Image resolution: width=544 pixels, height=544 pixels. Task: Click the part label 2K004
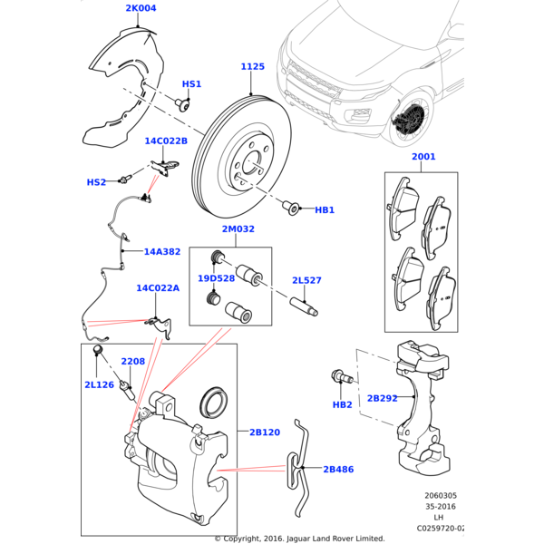pyautogui.click(x=141, y=9)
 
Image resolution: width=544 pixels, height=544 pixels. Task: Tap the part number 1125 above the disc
pyautogui.click(x=253, y=67)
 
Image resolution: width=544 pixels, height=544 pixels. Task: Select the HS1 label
pyautogui.click(x=191, y=84)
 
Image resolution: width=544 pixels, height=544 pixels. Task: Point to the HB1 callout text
pyautogui.click(x=325, y=210)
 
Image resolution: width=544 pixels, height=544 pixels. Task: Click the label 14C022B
pyautogui.click(x=166, y=141)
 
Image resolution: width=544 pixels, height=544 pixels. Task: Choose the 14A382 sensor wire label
pyautogui.click(x=162, y=251)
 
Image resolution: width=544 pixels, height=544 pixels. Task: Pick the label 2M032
pyautogui.click(x=238, y=230)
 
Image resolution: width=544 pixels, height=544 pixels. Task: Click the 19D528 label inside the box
pyautogui.click(x=217, y=278)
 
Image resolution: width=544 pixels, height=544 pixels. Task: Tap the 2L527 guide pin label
pyautogui.click(x=306, y=281)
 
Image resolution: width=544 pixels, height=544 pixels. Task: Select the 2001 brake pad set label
pyautogui.click(x=423, y=157)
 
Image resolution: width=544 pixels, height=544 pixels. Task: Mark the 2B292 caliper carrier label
pyautogui.click(x=382, y=398)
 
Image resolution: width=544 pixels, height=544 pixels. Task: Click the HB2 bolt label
pyautogui.click(x=342, y=404)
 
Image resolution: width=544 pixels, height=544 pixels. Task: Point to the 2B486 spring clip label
pyautogui.click(x=338, y=470)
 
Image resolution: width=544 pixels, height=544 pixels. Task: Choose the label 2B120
pyautogui.click(x=265, y=432)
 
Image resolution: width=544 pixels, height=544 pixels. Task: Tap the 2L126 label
pyautogui.click(x=99, y=385)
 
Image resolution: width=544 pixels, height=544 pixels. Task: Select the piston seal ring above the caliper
pyautogui.click(x=215, y=401)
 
